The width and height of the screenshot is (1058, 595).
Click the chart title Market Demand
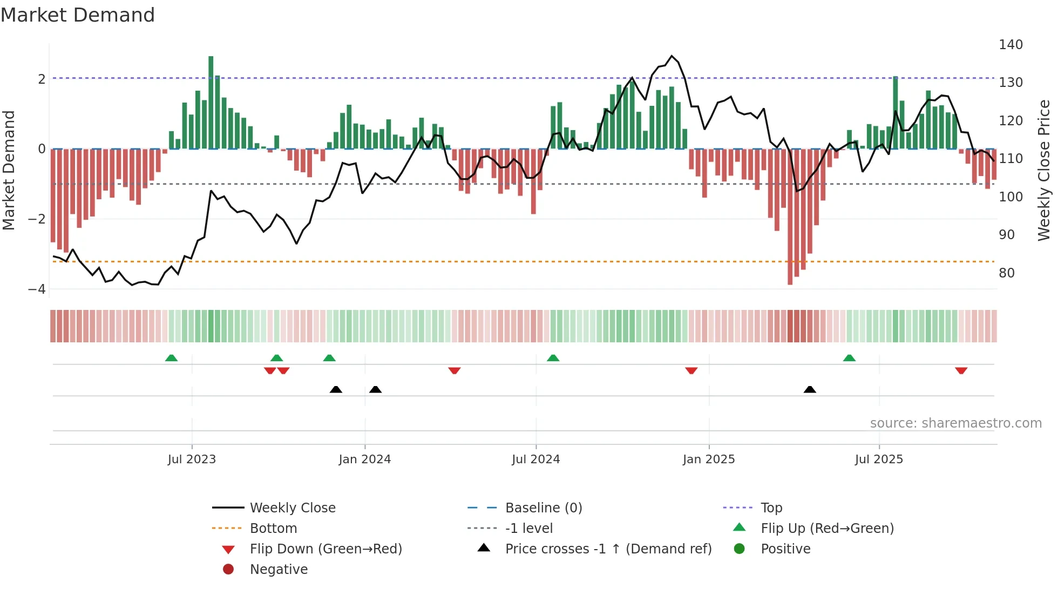click(78, 15)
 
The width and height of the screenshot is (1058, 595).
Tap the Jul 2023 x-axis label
click(192, 459)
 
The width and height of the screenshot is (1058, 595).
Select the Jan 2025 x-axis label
click(708, 459)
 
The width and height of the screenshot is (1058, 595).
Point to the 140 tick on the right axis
click(1010, 45)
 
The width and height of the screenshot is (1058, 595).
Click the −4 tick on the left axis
click(37, 289)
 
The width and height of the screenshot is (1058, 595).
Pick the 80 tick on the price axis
click(1006, 273)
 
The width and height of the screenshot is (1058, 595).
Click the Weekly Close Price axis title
click(1044, 170)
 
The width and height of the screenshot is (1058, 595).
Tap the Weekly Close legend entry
click(292, 508)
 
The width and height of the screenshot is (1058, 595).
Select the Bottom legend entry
click(273, 529)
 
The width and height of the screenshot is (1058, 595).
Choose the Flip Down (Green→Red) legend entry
click(325, 549)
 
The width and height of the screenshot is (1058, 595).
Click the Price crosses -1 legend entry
click(608, 549)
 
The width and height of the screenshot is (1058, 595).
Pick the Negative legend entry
click(279, 570)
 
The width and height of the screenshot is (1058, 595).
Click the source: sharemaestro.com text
click(955, 423)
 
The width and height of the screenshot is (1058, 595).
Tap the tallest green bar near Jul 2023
click(211, 103)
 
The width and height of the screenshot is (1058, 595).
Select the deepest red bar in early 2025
click(790, 216)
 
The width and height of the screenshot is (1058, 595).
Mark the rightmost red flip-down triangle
click(961, 370)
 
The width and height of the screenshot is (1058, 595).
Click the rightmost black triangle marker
click(810, 389)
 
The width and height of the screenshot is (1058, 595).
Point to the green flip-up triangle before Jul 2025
click(849, 358)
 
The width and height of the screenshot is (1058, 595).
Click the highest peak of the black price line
click(672, 56)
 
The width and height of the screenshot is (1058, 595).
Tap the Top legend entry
click(771, 508)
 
